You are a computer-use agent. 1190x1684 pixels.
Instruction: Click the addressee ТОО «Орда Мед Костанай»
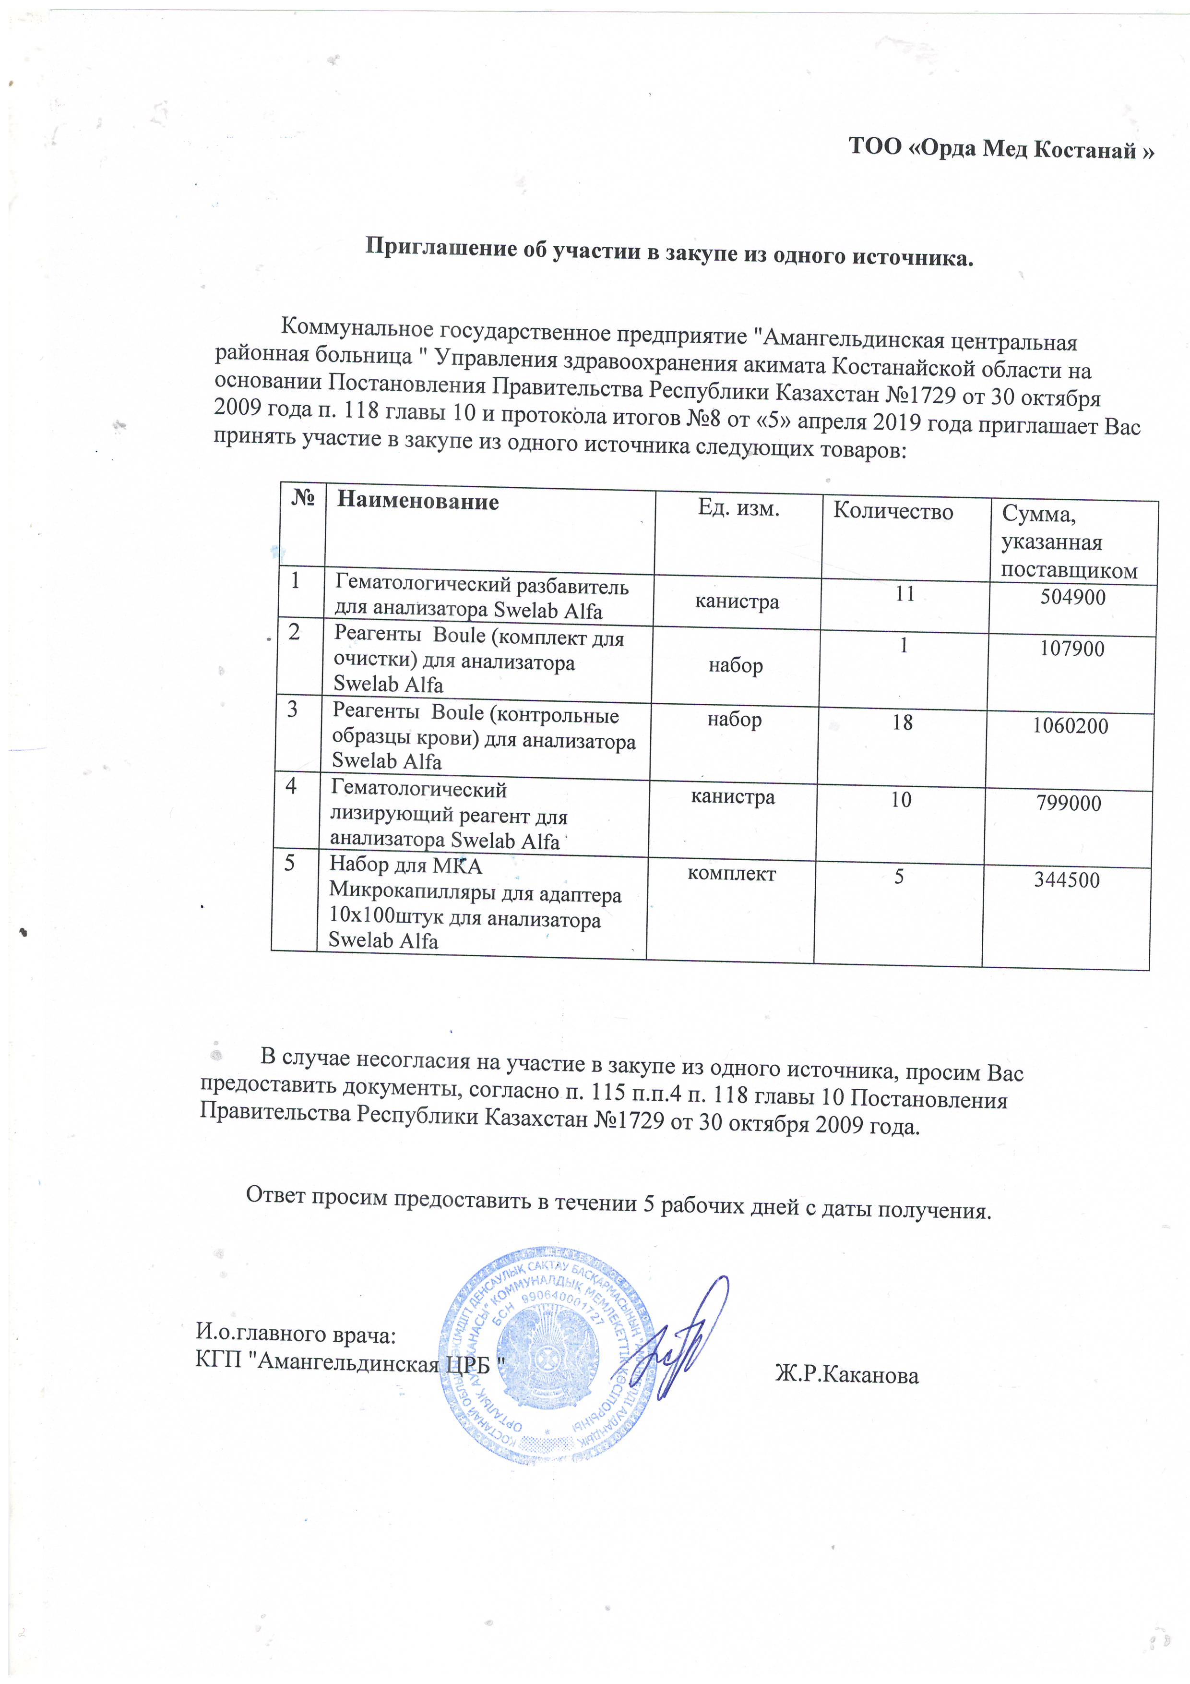click(1001, 148)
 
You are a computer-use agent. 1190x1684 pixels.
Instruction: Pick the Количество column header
click(892, 511)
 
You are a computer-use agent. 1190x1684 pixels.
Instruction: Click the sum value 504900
click(1073, 597)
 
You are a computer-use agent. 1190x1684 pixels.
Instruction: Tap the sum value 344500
click(1067, 880)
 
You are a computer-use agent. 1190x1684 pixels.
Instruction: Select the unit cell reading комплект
click(731, 874)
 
